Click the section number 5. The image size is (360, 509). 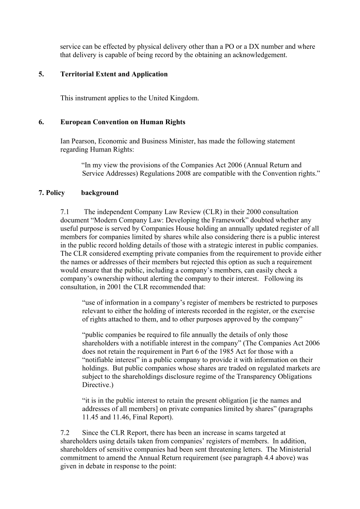pyautogui.click(x=41, y=74)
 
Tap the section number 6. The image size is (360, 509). pyautogui.click(x=41, y=122)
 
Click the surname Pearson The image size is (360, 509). pyautogui.click(x=83, y=141)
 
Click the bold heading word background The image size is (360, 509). pyautogui.click(x=100, y=193)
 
